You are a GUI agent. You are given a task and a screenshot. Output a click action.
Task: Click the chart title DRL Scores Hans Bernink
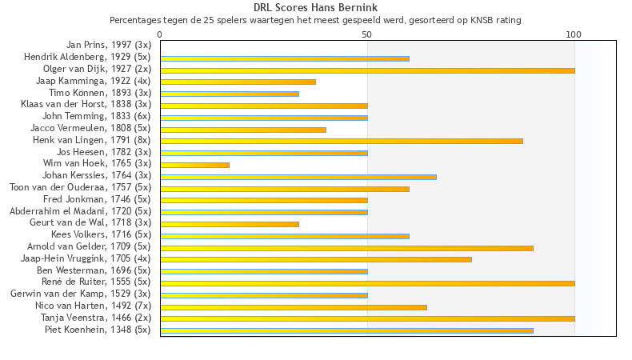coord(315,7)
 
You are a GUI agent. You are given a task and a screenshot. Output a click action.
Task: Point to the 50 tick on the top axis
coord(367,35)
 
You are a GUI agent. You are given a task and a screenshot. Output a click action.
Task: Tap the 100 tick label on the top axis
coord(574,35)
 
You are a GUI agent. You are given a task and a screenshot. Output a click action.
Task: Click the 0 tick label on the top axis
coord(160,35)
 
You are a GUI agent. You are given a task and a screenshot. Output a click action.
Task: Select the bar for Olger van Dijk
coord(367,70)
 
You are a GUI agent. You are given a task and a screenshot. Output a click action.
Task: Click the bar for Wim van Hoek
coord(194,165)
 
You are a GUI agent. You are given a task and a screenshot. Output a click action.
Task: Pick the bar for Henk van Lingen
coord(342,141)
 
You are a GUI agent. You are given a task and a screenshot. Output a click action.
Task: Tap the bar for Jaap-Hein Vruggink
coord(316,259)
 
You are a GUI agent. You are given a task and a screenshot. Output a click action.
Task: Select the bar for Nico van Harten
coord(294,306)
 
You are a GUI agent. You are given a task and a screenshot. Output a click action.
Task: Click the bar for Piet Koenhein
coord(346,330)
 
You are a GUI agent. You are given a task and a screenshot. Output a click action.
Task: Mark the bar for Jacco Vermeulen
coord(243,130)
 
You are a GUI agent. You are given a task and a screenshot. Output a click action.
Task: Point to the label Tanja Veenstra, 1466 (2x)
coord(96,318)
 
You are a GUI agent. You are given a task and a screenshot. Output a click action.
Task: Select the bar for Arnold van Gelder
coord(346,247)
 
